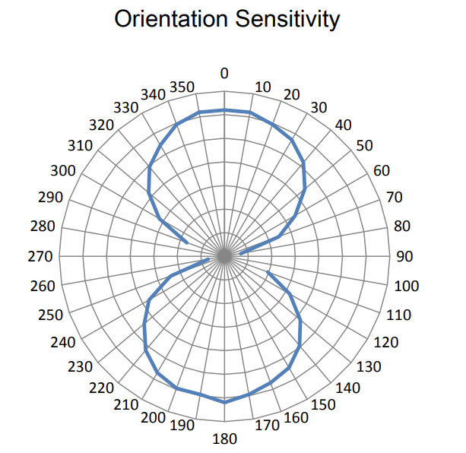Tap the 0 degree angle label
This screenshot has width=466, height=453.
pyautogui.click(x=224, y=74)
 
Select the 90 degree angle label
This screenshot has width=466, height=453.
pyautogui.click(x=404, y=257)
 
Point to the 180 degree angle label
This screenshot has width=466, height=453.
pyautogui.click(x=225, y=439)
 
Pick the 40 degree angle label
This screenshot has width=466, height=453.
pyautogui.click(x=344, y=125)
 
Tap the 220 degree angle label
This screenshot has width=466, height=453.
pyautogui.click(x=103, y=387)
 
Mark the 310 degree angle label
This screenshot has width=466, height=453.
pyautogui.click(x=79, y=146)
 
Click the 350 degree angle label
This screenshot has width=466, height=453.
pyautogui.click(x=182, y=86)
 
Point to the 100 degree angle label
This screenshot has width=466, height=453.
pyautogui.click(x=407, y=287)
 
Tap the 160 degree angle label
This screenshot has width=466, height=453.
pyautogui.click(x=296, y=418)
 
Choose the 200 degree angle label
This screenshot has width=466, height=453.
pyautogui.click(x=154, y=418)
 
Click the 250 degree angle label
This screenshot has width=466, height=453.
pyautogui.click(x=50, y=315)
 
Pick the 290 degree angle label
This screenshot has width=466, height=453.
pyautogui.click(x=50, y=198)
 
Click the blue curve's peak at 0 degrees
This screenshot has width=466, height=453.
pyautogui.click(x=224, y=110)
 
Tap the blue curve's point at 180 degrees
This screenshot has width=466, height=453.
pyautogui.click(x=224, y=401)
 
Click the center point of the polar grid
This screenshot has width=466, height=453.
pyautogui.click(x=224, y=257)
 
